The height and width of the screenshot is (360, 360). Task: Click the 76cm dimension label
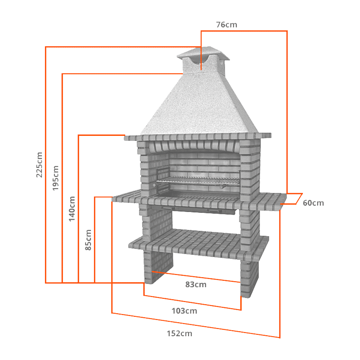tap(226, 25)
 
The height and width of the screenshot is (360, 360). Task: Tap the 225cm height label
tap(40, 165)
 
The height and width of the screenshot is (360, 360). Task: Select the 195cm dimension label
tap(56, 178)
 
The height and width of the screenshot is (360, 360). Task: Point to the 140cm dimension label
tap(72, 208)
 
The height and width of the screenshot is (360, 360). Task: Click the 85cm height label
tap(89, 240)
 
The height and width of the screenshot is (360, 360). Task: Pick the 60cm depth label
tap(313, 203)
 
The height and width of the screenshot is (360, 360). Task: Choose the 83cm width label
tap(196, 284)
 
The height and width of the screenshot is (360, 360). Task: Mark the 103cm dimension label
tap(184, 310)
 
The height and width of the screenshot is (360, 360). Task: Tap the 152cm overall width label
tap(180, 333)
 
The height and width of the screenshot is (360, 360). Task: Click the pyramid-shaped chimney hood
tap(198, 106)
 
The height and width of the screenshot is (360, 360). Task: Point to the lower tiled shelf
tap(198, 243)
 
